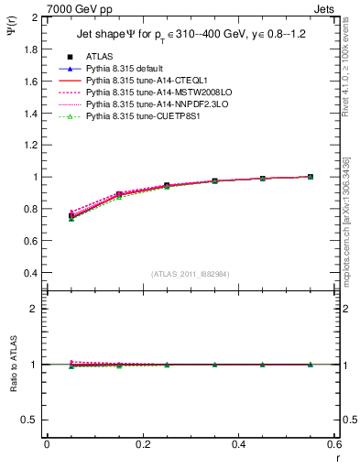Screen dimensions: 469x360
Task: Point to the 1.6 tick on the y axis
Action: coord(31,82)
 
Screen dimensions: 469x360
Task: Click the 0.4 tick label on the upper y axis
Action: coord(31,273)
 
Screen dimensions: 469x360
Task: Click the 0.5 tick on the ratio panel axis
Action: coord(31,420)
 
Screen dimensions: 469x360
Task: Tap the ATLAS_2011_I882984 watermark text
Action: coord(190,274)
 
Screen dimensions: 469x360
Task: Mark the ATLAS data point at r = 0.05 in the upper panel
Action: coord(71,216)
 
